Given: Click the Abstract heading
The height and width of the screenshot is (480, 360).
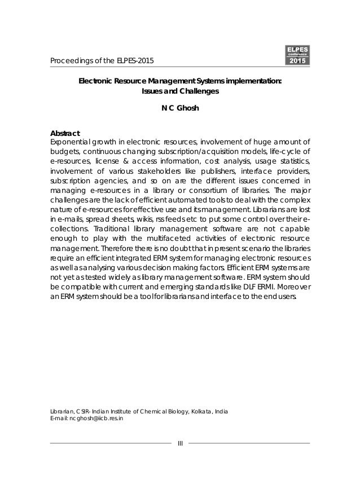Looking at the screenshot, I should coord(65,133).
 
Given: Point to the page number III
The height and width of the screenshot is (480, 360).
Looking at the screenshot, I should coord(180,443).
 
